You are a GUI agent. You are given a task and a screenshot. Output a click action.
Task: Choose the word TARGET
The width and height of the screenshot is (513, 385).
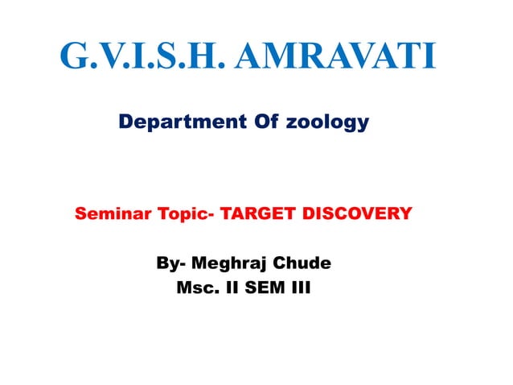click(x=256, y=214)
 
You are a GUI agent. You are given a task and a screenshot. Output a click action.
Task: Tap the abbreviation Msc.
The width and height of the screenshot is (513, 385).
click(x=198, y=287)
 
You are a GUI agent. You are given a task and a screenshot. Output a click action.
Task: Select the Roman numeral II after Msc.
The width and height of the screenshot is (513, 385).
click(x=232, y=287)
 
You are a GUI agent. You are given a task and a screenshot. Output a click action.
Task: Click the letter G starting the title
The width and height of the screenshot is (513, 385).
click(x=76, y=56)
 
